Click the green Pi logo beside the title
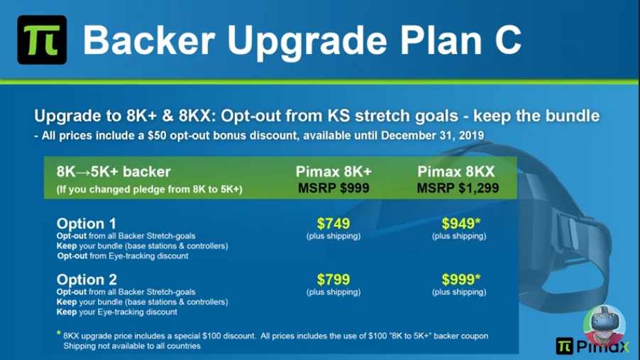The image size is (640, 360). [x=42, y=40]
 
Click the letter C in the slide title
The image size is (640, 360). [x=508, y=40]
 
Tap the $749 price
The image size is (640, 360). [x=333, y=224]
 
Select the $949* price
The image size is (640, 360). [x=460, y=224]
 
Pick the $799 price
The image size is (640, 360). [x=333, y=280]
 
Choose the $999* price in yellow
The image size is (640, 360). [x=460, y=280]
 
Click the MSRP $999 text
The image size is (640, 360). [x=333, y=188]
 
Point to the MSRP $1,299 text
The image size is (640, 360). [x=458, y=188]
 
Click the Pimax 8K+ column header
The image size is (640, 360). [x=333, y=172]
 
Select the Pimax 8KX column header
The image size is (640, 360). [x=456, y=172]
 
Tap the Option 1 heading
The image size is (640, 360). [x=86, y=224]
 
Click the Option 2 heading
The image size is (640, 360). [x=87, y=280]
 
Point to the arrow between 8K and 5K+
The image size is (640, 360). [x=83, y=172]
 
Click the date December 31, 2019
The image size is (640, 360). [x=432, y=135]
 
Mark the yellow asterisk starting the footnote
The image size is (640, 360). [x=59, y=334]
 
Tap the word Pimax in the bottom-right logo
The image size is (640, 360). [x=603, y=347]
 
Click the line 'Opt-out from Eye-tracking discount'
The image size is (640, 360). [x=123, y=256]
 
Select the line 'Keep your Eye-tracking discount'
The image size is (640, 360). [x=117, y=312]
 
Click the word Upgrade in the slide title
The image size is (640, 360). [x=307, y=41]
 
